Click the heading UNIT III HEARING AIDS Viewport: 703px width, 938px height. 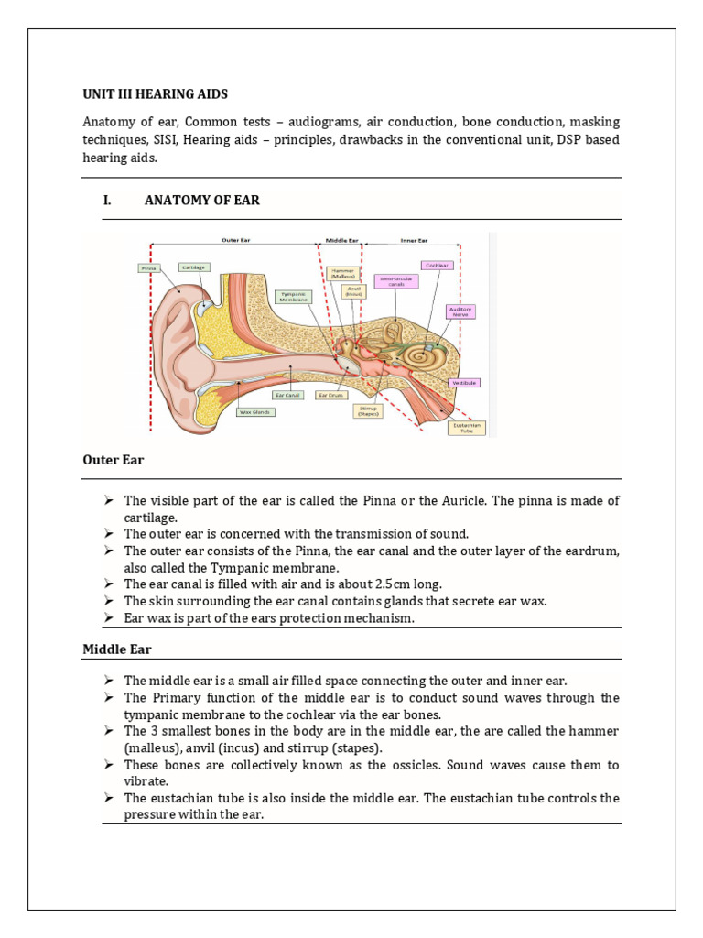(155, 94)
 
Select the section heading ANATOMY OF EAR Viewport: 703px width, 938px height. (201, 200)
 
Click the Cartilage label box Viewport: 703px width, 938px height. (193, 267)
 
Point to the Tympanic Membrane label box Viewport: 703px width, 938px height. (294, 296)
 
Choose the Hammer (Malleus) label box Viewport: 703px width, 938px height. (345, 273)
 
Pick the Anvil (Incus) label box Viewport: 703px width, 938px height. (352, 291)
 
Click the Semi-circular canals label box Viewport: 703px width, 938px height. (396, 280)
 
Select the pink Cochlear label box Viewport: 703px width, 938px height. (435, 265)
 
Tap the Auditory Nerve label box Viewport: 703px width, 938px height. (460, 311)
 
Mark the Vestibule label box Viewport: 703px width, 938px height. (463, 383)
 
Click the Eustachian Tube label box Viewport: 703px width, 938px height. (467, 427)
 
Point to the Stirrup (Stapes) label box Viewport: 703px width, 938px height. (368, 411)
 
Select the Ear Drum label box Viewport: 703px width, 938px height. (329, 395)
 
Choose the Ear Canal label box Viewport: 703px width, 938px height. (291, 395)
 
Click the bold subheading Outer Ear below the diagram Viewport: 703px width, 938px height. (113, 460)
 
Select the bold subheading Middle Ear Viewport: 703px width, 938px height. (117, 649)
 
